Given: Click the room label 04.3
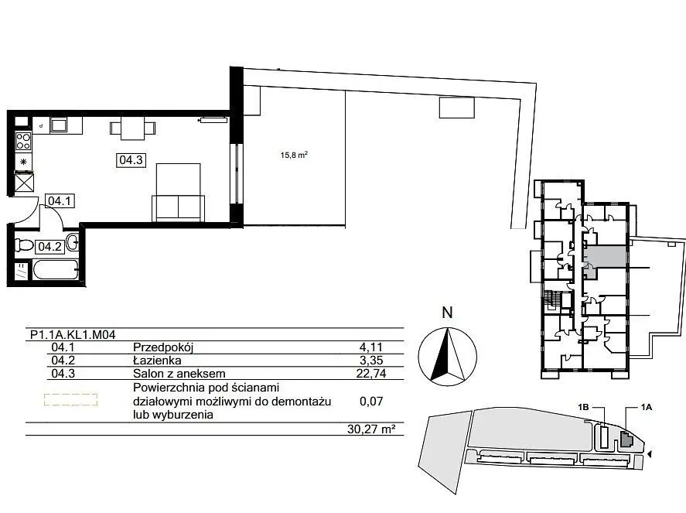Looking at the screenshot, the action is tap(131, 159).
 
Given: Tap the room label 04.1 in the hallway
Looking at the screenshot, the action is tap(60, 201).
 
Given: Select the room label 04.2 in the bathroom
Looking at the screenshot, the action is tap(49, 246).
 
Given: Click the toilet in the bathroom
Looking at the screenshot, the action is tap(25, 245).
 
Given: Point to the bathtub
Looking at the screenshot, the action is tap(56, 269).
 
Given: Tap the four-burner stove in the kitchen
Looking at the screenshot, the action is tap(23, 141).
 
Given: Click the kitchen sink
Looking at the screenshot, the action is tap(58, 125).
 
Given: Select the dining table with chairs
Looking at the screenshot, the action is tap(132, 128).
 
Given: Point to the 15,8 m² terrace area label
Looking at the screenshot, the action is tap(294, 155).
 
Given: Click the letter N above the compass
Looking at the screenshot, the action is tap(447, 313).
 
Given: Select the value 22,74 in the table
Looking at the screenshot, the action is tap(371, 374).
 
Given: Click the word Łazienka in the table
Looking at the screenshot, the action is tap(157, 361).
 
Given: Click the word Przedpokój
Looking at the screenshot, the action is tap(163, 347).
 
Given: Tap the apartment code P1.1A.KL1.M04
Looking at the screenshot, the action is tap(73, 335).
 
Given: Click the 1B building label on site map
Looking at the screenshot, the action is tap(582, 408).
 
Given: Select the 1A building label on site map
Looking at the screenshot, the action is tap(647, 408).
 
